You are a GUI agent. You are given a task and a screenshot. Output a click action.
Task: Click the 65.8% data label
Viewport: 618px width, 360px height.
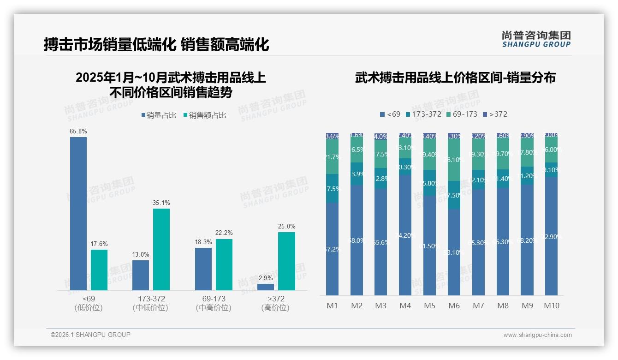coord(78,132)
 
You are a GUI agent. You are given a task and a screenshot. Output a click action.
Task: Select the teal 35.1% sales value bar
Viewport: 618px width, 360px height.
coord(161,249)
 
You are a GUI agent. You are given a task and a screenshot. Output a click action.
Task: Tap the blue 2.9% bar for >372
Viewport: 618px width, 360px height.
coord(266,287)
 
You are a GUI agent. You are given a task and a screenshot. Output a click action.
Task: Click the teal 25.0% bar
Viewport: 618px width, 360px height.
coord(286,261)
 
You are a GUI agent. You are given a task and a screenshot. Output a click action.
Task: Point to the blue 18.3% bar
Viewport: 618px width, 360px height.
coord(203,269)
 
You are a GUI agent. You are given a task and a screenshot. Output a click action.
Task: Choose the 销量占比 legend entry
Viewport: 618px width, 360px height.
coord(159,115)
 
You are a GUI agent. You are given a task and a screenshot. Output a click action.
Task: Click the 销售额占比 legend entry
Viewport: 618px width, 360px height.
coord(204,115)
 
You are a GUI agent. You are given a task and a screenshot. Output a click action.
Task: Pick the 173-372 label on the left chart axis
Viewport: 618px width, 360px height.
coord(150,299)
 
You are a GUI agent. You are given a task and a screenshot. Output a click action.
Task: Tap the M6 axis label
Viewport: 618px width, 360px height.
coord(454,306)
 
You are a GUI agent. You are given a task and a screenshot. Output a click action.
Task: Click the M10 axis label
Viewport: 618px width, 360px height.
coord(551,306)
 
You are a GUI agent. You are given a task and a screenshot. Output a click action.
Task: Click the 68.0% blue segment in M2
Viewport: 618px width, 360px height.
coord(357,240)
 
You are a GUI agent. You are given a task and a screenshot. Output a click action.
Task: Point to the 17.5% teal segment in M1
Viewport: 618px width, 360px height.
coord(332,188)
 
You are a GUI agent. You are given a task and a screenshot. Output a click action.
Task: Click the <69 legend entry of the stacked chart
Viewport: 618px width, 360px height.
coord(390,114)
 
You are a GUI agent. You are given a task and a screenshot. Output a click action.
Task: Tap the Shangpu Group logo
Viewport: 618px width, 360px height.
coord(536,39)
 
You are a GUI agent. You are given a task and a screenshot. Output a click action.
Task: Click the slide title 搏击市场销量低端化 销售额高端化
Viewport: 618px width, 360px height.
coord(156,45)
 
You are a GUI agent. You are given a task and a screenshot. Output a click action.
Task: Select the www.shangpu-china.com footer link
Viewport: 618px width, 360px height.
coord(537,335)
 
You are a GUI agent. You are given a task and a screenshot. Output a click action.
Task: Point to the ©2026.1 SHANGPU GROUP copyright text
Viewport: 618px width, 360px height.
coord(90,335)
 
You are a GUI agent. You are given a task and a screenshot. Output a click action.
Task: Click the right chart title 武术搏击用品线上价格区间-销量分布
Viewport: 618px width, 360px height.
coord(455,78)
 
